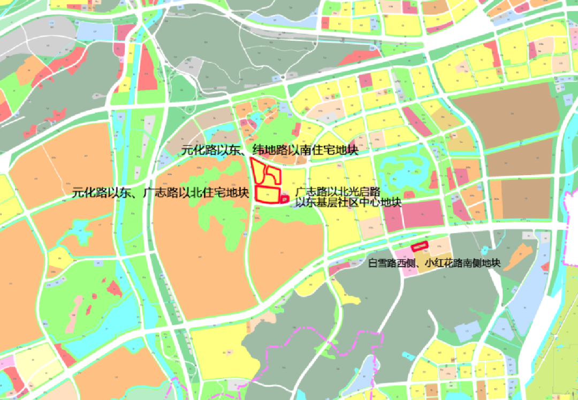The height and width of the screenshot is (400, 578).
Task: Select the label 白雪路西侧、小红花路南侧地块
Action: pos(434,263)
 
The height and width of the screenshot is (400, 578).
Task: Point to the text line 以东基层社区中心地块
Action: pos(349,202)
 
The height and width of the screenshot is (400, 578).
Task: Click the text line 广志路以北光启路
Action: pos(338,192)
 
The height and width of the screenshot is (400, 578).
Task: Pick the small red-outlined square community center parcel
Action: pos(285,199)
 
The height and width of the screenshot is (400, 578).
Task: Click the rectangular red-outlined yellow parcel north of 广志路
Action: pos(268,194)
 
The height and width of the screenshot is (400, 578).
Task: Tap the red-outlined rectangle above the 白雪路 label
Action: pos(420,246)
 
